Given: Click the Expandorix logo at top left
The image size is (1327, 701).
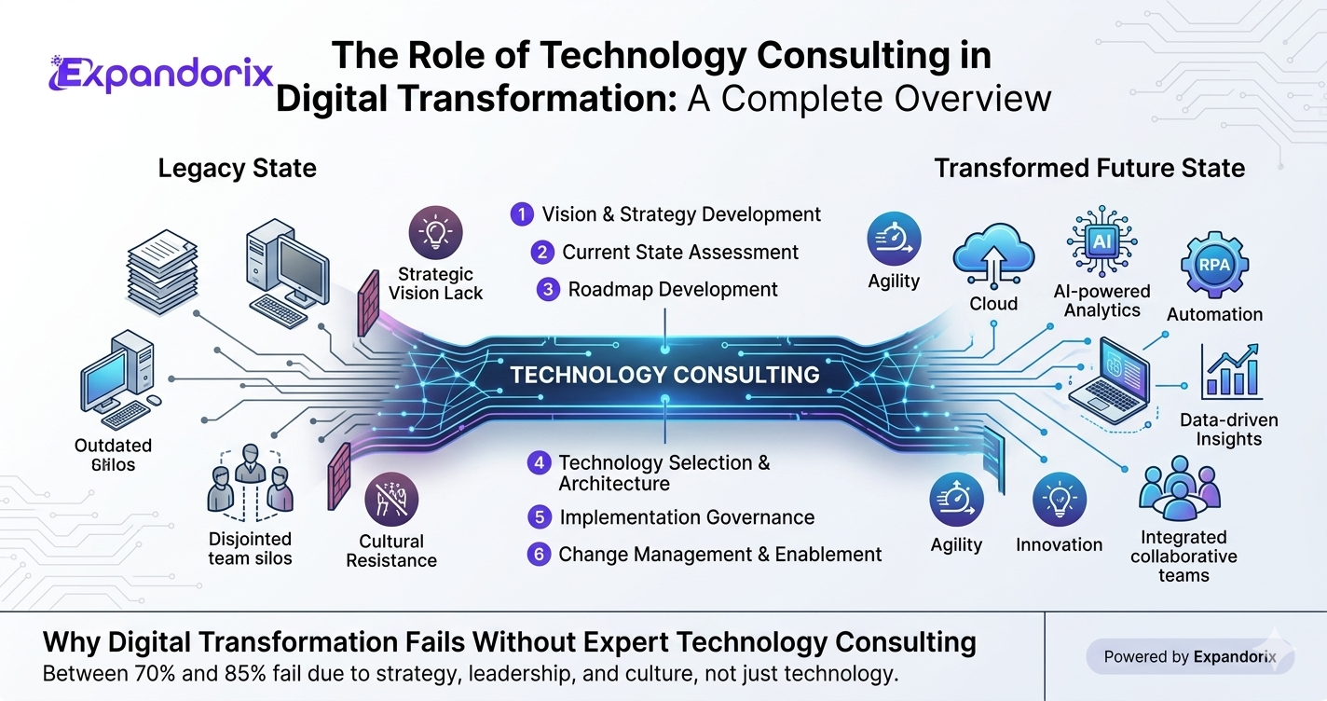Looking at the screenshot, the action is [x=160, y=74].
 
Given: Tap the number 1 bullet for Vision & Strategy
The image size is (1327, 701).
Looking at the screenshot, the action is [x=522, y=214].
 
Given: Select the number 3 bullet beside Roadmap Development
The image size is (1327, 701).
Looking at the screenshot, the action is [x=548, y=290].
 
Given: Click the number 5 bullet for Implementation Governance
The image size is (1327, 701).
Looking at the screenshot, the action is [x=539, y=517].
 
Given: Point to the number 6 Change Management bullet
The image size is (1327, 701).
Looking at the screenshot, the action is [x=539, y=555].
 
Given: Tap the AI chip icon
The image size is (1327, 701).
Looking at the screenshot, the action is [x=1101, y=241].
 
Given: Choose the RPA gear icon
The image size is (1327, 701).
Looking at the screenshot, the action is [x=1214, y=265].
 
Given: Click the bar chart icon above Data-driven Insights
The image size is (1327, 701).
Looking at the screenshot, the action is [x=1231, y=372].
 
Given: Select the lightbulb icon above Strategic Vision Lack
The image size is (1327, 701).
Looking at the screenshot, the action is [x=436, y=232].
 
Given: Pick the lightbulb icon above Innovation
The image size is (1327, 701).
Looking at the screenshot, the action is [x=1060, y=500].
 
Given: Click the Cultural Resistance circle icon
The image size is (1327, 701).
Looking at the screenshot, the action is [x=391, y=500].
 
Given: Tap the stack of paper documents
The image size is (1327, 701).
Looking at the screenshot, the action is [x=162, y=272].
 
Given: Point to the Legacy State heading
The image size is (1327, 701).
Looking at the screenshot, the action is [x=237, y=169].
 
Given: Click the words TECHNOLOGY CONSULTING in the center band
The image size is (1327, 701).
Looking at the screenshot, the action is [x=664, y=375].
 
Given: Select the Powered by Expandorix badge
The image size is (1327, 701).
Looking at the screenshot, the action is [x=1190, y=656].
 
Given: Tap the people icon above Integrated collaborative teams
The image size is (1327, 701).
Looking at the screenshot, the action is [x=1180, y=488].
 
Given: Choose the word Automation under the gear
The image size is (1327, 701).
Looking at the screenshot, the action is [x=1214, y=314].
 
